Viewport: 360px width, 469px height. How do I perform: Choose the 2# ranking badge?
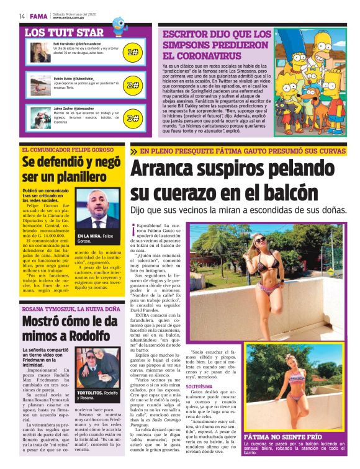tap(132, 85)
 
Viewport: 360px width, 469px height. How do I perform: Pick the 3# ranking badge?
tap(132, 118)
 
